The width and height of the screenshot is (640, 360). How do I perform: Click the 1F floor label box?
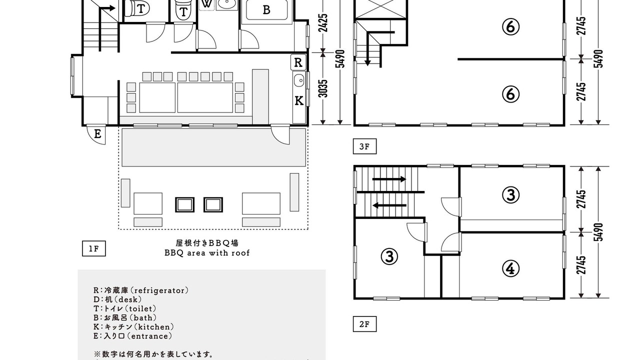(x=93, y=248)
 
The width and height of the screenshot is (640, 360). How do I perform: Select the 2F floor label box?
(x=364, y=324)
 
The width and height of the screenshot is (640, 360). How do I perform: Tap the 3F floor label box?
(x=364, y=146)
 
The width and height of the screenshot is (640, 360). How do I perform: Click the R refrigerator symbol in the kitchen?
(x=298, y=62)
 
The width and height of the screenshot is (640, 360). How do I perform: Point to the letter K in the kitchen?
(x=299, y=100)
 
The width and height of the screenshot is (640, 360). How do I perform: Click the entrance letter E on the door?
(x=97, y=133)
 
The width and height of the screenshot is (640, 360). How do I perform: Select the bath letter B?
(x=266, y=10)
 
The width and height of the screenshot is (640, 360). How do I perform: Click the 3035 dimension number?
(x=323, y=88)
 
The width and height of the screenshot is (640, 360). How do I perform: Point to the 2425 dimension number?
(x=323, y=23)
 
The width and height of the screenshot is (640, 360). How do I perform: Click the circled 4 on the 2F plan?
(x=510, y=268)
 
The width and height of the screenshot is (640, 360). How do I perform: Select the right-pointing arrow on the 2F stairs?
(x=389, y=179)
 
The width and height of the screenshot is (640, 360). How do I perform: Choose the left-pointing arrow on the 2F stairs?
(x=389, y=205)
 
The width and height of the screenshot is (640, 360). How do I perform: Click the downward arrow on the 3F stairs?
(x=367, y=49)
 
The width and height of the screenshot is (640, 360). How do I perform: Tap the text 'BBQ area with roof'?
(x=207, y=253)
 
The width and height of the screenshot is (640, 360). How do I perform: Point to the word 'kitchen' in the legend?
(x=154, y=327)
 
